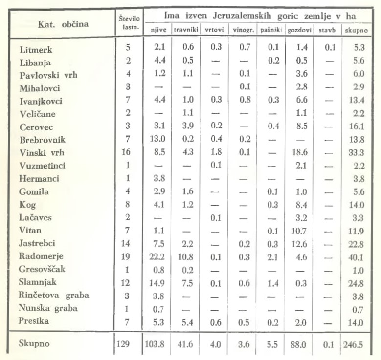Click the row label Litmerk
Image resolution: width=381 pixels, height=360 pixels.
click(x=36, y=50)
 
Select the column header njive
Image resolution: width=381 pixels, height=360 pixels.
click(x=156, y=30)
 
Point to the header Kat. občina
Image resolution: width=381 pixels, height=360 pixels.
click(x=58, y=23)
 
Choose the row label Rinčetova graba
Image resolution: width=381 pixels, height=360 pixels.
click(x=54, y=295)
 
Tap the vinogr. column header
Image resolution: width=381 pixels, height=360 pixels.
click(x=242, y=30)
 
